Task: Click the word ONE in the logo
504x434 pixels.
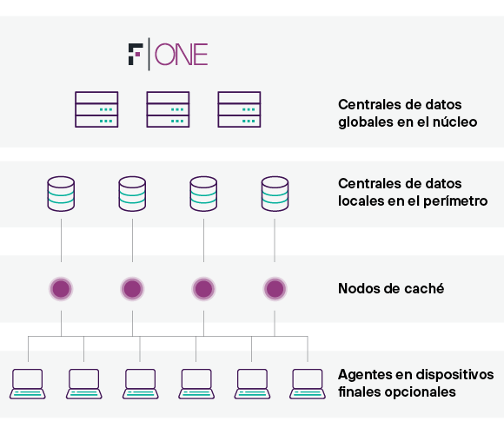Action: pos(182,54)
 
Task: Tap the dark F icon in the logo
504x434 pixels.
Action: pos(136,54)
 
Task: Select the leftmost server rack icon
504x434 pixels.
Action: pos(96,109)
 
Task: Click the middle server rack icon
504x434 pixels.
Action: pos(168,109)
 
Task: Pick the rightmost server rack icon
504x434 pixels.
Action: pos(239,109)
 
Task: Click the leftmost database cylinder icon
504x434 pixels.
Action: pos(61,194)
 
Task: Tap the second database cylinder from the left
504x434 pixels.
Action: pos(132,194)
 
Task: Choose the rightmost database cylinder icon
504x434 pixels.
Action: pos(275,194)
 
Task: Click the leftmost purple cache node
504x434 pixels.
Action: pos(61,288)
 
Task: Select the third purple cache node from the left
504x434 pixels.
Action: pos(203,288)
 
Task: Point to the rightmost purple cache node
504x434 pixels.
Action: pos(275,288)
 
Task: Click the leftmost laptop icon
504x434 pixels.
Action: pos(27,384)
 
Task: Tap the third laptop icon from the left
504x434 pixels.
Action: pos(141,384)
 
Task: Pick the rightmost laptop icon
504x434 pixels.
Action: pos(308,384)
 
